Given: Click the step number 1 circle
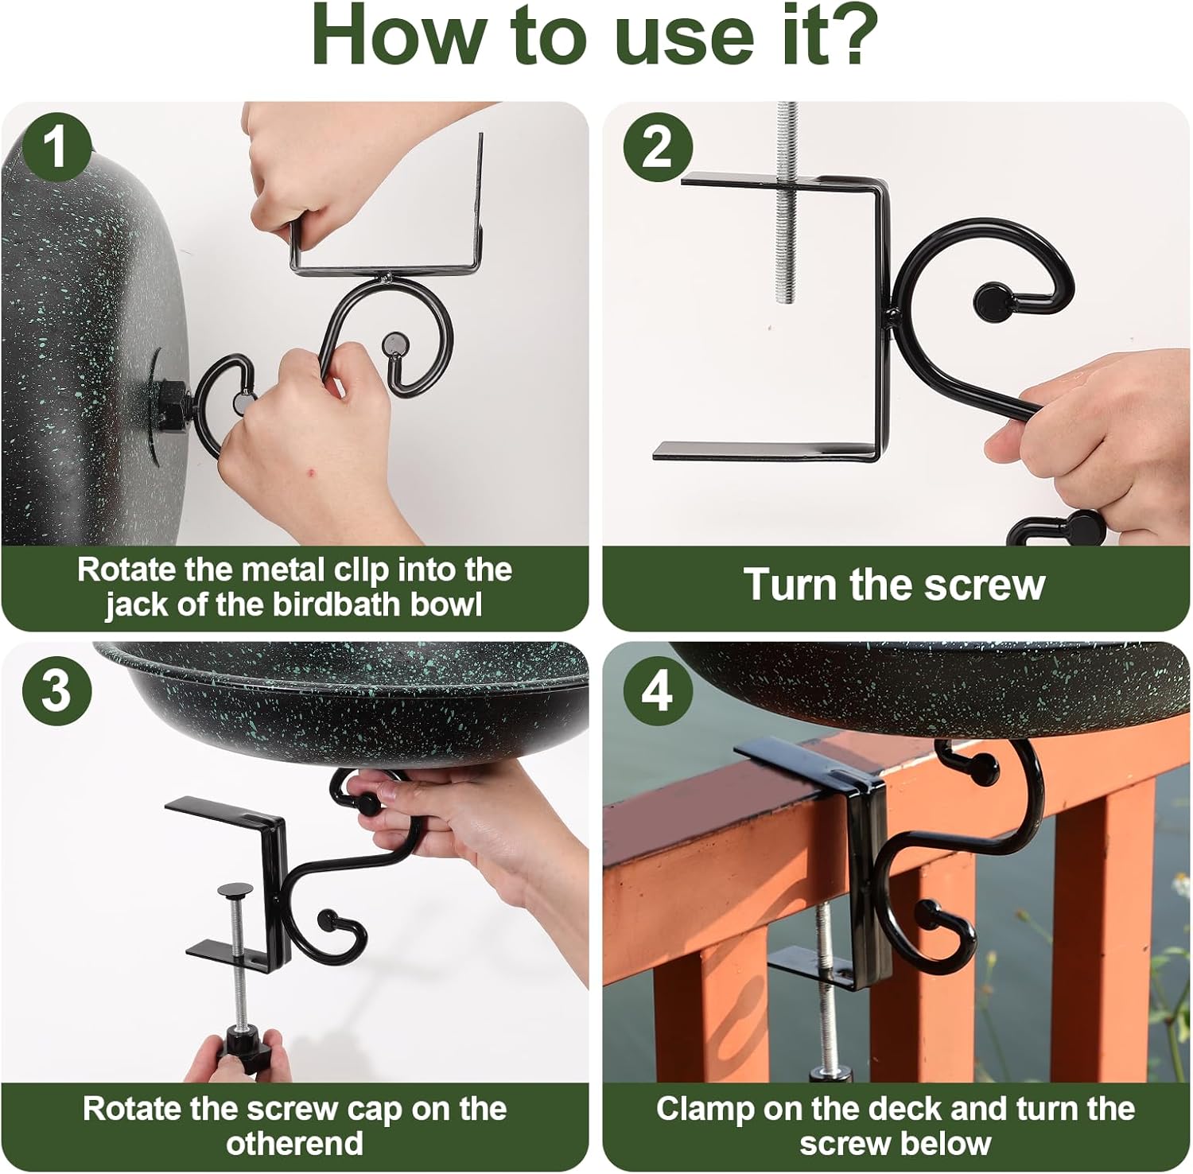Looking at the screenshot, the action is pyautogui.click(x=56, y=146).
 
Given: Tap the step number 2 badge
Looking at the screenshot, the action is pyautogui.click(x=657, y=148).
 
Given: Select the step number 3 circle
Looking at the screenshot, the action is pyautogui.click(x=56, y=690).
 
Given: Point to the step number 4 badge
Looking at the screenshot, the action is pyautogui.click(x=657, y=690).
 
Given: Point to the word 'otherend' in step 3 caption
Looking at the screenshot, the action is pyautogui.click(x=295, y=1144).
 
